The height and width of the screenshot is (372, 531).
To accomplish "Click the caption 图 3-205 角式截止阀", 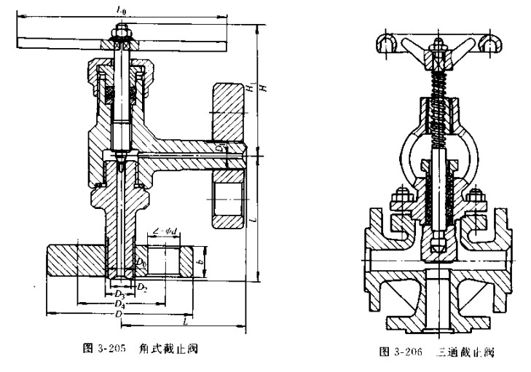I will (x=138, y=348).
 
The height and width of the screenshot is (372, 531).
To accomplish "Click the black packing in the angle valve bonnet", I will (x=111, y=94).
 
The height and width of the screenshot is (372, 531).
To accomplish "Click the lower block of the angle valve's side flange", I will (x=228, y=198).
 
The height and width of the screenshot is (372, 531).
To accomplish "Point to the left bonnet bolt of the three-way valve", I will (x=399, y=199).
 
